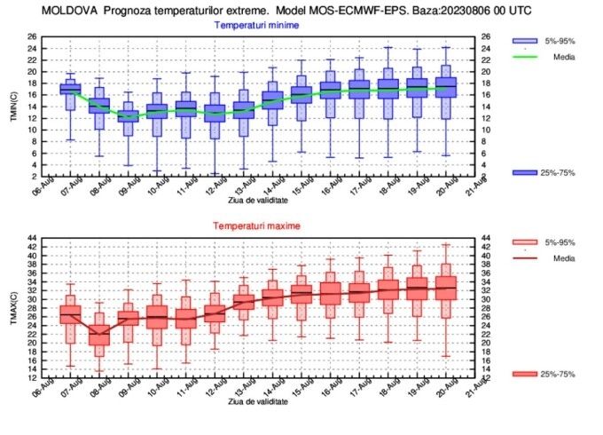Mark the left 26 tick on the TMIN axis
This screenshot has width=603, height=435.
[x=32, y=36]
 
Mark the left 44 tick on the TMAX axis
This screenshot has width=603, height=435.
[x=32, y=239]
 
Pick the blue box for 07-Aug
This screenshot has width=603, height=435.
[x=71, y=89]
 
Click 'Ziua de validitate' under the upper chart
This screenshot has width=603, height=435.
[x=257, y=202]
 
